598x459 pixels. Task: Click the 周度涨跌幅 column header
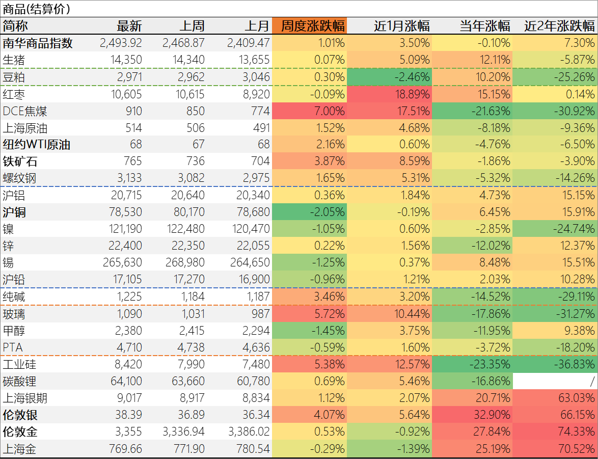313,26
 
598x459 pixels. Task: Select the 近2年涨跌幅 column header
559,26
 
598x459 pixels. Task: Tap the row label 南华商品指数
38,43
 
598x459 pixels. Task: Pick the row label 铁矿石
20,162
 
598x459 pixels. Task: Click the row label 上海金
21,449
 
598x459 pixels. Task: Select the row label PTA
14,347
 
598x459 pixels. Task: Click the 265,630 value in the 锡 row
125,263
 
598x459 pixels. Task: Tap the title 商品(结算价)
37,9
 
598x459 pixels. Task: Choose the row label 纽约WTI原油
37,145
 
